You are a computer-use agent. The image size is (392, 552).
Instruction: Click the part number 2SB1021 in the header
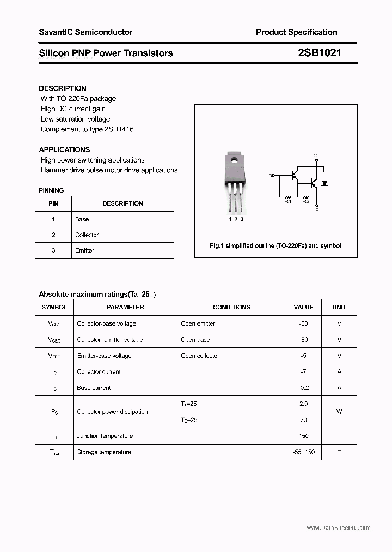coord(320,53)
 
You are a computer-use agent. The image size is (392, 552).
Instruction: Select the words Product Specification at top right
coord(296,32)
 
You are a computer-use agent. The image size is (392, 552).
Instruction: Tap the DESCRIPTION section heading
coord(63,88)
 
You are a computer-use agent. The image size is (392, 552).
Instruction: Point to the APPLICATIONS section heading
coord(64,149)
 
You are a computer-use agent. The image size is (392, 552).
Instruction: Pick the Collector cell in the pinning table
coord(87,235)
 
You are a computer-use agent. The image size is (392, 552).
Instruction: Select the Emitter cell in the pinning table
coord(85,250)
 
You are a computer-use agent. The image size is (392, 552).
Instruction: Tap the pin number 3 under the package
coord(242,219)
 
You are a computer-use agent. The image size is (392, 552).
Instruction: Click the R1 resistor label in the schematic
coord(289,201)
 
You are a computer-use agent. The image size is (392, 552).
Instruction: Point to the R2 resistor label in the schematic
coord(305,201)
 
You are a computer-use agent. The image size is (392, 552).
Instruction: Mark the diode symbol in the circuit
coord(325,183)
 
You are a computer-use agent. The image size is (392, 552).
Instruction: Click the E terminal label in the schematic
coord(316,210)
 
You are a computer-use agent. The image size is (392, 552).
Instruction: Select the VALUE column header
coord(303,307)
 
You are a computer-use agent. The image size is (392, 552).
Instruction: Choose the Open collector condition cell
coord(200,356)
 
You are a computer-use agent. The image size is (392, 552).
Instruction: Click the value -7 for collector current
coord(303,371)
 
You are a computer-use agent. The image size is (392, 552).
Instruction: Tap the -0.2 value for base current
coord(303,388)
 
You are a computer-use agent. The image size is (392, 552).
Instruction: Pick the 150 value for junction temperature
coord(303,436)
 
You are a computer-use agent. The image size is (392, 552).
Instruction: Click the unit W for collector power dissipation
coord(339,412)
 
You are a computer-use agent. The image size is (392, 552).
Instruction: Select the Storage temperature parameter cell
coord(104,452)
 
